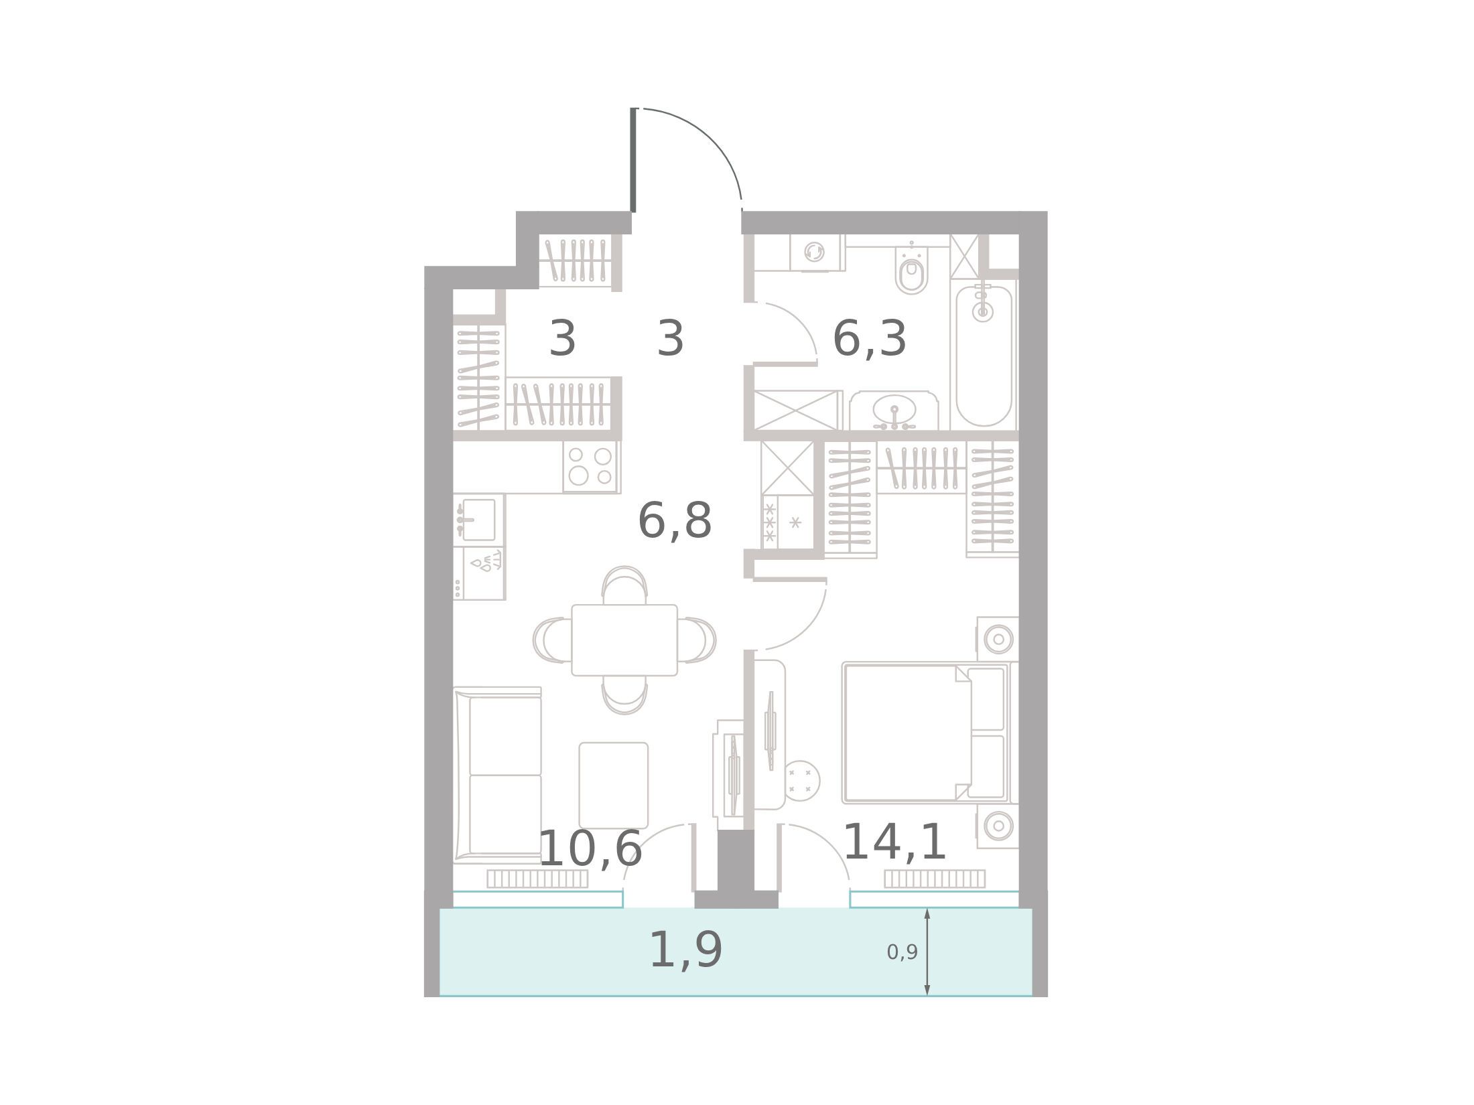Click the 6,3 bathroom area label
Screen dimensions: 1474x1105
tap(869, 339)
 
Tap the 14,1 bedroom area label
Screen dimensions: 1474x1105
tap(894, 842)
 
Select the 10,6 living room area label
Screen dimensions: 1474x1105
tap(590, 849)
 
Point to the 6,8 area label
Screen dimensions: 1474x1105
tap(675, 521)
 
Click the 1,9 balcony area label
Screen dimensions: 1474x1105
tap(686, 950)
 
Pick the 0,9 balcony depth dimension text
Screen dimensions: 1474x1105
tap(902, 952)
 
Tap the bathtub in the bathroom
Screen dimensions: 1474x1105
tap(983, 356)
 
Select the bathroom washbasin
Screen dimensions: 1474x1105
tap(894, 411)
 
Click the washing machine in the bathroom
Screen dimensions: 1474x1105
tap(815, 253)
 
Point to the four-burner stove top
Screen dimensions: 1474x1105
tap(590, 466)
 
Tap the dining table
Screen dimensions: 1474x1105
tap(624, 640)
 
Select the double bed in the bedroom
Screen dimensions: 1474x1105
tap(926, 733)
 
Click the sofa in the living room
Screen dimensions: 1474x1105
tap(497, 774)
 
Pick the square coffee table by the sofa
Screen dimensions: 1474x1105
tap(613, 785)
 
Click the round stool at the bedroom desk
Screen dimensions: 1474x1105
tap(801, 780)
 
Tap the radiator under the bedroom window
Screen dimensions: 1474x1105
tap(935, 879)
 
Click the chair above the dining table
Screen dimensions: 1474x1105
tap(624, 585)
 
